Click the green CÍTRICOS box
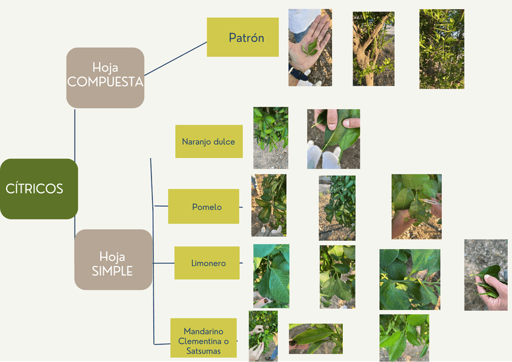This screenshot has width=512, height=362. (39, 188)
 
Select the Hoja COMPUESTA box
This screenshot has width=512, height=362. (105, 77)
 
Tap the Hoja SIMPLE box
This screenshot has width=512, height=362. (113, 259)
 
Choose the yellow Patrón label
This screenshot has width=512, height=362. (243, 37)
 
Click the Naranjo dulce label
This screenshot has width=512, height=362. (209, 142)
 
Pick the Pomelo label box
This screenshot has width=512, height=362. (203, 207)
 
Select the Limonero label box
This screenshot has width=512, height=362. (207, 263)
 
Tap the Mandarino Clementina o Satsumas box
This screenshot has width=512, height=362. (203, 338)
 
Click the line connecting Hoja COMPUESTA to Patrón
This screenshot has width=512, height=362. (175, 59)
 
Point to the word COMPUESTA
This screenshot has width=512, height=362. (105, 83)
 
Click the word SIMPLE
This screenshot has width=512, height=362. (112, 271)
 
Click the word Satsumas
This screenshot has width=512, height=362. (203, 351)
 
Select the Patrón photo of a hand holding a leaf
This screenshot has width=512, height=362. (310, 48)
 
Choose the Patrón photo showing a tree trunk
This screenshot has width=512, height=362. (373, 48)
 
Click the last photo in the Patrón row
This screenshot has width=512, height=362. (441, 49)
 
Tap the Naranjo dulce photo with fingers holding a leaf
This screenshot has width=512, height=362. (333, 139)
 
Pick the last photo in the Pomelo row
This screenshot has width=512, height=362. (416, 206)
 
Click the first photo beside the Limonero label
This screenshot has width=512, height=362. (271, 276)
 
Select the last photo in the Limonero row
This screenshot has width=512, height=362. (485, 275)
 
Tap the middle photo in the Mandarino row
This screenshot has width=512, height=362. (315, 338)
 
